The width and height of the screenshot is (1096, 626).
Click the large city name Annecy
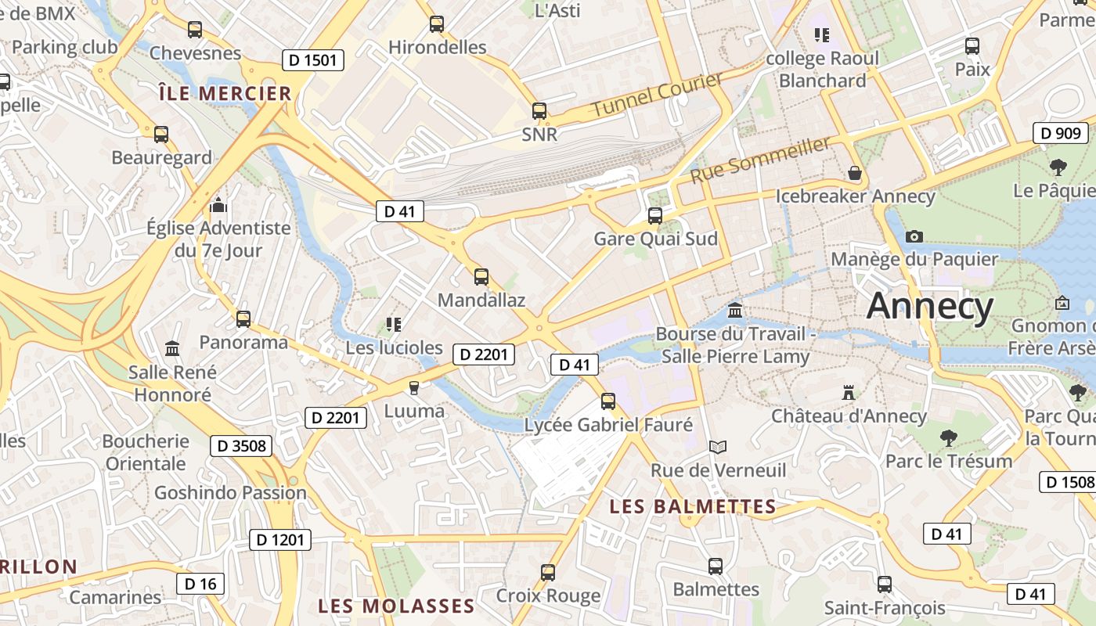tap(930, 306)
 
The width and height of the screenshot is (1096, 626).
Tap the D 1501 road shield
tap(313, 60)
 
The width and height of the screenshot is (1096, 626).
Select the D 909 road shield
tap(1061, 133)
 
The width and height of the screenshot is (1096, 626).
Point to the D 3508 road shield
tap(241, 446)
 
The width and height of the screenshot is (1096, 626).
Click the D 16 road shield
tap(200, 583)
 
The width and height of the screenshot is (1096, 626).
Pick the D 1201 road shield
tap(280, 539)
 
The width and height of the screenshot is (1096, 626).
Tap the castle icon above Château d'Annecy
tap(848, 392)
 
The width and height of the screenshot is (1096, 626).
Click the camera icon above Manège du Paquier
tap(914, 236)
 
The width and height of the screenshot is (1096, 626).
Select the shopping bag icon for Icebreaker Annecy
tap(855, 172)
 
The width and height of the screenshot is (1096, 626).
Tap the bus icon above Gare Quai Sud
tap(655, 215)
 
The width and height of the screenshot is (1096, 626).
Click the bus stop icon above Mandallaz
tap(481, 276)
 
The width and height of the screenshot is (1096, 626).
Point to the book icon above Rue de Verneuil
tap(718, 447)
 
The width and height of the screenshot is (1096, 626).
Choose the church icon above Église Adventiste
tap(218, 205)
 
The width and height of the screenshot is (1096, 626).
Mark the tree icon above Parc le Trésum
tap(949, 437)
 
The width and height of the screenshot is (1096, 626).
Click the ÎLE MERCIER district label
tap(225, 94)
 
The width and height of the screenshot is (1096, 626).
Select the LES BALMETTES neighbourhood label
tap(693, 506)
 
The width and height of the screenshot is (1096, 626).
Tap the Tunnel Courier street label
tap(658, 95)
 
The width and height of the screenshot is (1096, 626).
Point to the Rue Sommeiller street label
tap(759, 160)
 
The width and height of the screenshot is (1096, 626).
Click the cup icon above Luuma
tap(414, 387)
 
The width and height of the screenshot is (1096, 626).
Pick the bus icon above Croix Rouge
tap(548, 572)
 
